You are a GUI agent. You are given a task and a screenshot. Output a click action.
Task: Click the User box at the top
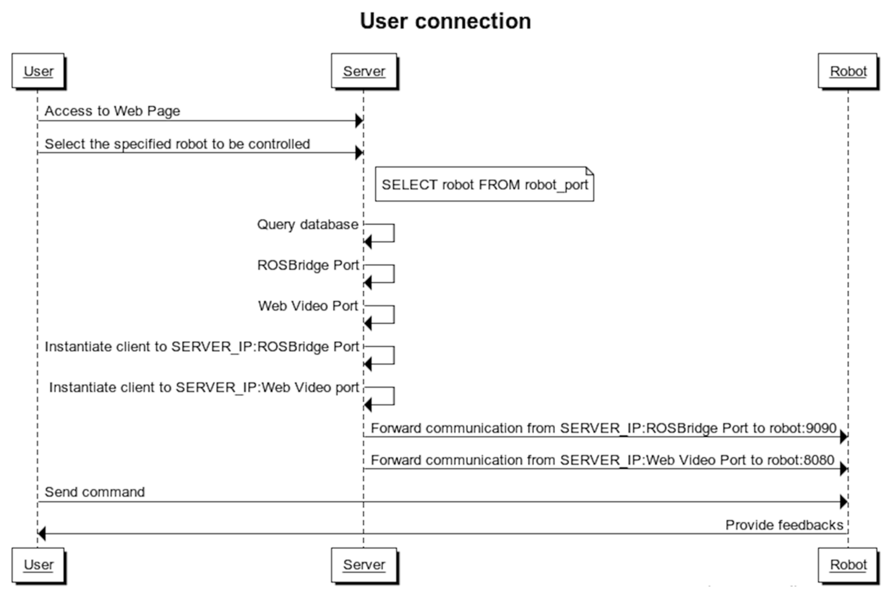click(38, 71)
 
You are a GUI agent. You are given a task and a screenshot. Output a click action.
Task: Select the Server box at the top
click(364, 71)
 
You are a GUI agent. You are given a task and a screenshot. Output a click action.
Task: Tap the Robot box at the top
click(848, 71)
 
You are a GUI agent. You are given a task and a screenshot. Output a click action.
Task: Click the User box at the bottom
click(38, 565)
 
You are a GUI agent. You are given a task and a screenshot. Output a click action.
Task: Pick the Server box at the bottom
click(364, 565)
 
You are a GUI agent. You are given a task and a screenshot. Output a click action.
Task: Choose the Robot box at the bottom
click(848, 565)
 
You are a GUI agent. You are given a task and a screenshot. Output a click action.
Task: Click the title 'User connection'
click(445, 21)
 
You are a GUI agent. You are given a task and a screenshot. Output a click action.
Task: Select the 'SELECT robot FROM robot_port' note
click(484, 184)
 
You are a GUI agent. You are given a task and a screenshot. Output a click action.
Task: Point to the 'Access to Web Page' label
click(112, 111)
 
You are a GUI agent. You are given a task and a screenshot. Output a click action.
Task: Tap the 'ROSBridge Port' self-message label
click(308, 265)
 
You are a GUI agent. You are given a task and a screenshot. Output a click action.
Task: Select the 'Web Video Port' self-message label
click(308, 306)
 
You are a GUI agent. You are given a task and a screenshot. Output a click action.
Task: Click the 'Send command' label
click(95, 492)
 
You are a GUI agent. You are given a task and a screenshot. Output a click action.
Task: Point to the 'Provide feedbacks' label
click(784, 525)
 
